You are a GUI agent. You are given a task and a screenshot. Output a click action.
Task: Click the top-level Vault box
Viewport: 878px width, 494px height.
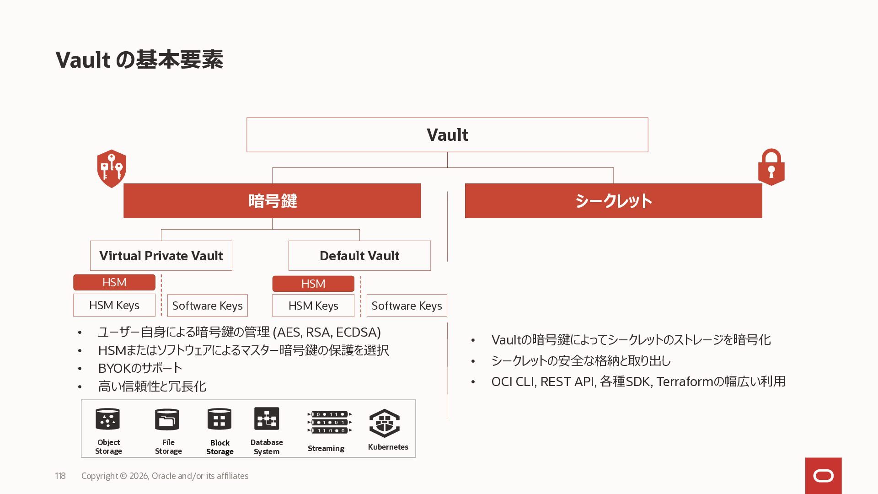[x=447, y=134]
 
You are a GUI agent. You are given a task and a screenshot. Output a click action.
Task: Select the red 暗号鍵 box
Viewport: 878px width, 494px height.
[x=272, y=201]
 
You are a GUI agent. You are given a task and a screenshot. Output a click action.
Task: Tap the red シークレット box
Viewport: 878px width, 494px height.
[x=613, y=201]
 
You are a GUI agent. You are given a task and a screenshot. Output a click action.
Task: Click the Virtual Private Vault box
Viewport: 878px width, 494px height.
[x=161, y=256]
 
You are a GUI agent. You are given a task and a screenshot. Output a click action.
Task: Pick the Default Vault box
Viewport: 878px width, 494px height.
[x=359, y=256]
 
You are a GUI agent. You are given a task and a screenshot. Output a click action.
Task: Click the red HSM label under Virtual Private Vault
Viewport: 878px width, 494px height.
[x=114, y=282]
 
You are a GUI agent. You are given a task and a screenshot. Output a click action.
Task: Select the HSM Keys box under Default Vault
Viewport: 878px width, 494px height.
[x=313, y=306]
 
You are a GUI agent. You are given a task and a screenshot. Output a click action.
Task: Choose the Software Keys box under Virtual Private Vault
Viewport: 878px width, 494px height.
[x=207, y=306]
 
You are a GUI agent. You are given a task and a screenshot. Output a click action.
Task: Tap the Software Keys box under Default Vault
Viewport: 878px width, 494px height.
[x=407, y=306]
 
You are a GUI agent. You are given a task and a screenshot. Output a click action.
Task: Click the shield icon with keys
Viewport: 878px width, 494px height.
[x=112, y=168]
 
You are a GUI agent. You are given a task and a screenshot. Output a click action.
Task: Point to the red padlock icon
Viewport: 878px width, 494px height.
[x=771, y=167]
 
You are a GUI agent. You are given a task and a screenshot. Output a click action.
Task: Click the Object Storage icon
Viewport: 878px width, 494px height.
[x=108, y=419]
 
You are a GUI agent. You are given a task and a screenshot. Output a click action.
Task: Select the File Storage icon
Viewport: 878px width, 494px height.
[x=167, y=419]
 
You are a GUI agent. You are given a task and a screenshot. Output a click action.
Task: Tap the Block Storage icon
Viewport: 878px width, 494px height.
[x=219, y=419]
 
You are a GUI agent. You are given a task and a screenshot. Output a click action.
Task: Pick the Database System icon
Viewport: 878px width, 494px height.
[x=267, y=419]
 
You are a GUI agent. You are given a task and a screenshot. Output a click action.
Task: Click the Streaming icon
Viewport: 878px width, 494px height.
[x=329, y=422]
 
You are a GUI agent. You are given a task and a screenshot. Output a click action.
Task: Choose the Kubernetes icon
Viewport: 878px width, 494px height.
[x=385, y=423]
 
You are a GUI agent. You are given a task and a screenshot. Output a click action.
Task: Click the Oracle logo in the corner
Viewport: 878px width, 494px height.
[x=823, y=476]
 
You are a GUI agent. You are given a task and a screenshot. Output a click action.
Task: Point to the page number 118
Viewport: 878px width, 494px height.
[x=60, y=476]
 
